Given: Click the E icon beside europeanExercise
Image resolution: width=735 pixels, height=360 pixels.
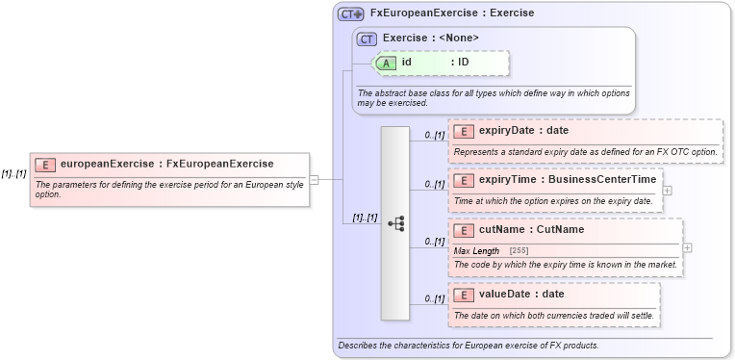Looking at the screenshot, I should tap(44, 165).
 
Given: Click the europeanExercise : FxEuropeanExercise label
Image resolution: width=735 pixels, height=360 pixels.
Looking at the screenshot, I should tap(166, 165).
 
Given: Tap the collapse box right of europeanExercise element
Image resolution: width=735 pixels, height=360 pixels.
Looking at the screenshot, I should tap(314, 179).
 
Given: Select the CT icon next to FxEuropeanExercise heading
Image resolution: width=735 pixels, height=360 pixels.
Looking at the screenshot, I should tap(351, 14).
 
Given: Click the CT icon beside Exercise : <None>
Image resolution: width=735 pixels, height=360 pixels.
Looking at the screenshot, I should tap(367, 39).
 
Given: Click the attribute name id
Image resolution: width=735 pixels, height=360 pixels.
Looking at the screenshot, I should tap(407, 63).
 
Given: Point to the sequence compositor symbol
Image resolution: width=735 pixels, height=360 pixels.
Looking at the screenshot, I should tap(395, 222).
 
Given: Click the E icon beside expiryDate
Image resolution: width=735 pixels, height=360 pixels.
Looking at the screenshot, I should tap(463, 131).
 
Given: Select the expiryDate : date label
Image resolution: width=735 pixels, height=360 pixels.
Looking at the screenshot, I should tap(523, 131).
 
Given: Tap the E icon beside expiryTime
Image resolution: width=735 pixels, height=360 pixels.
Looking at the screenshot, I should tap(463, 180).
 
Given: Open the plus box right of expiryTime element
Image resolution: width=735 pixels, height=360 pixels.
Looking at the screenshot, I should tap(668, 191).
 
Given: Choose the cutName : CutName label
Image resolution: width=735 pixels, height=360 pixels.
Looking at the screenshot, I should tap(531, 230).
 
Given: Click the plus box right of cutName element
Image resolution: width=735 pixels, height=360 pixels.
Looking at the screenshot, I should tap(688, 248).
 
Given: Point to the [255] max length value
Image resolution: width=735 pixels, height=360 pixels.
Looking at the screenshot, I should tap(519, 251).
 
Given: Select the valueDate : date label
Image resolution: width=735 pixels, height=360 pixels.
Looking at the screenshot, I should tap(521, 294).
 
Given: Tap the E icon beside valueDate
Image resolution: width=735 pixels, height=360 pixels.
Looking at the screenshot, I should tap(463, 295).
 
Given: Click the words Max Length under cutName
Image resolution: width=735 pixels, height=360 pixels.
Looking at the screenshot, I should tap(476, 251).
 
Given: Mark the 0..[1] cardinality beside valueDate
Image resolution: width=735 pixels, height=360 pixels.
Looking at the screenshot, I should tap(434, 299).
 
